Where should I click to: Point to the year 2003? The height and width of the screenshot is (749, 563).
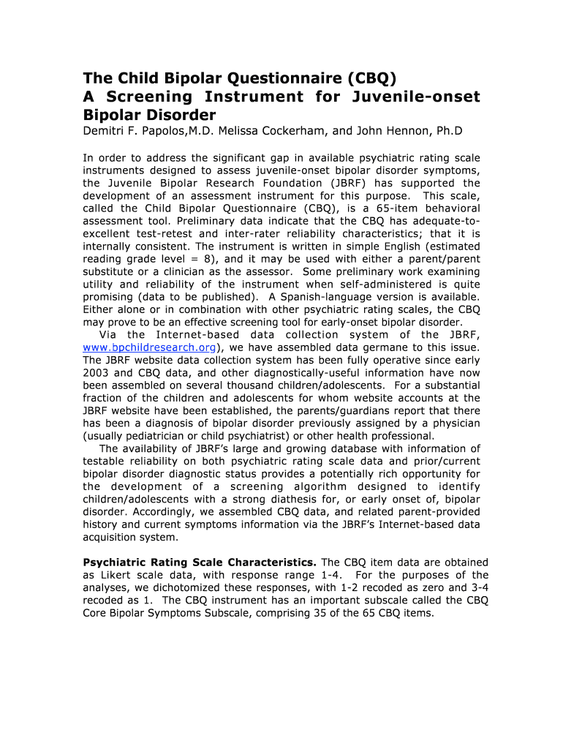coord(97,372)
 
